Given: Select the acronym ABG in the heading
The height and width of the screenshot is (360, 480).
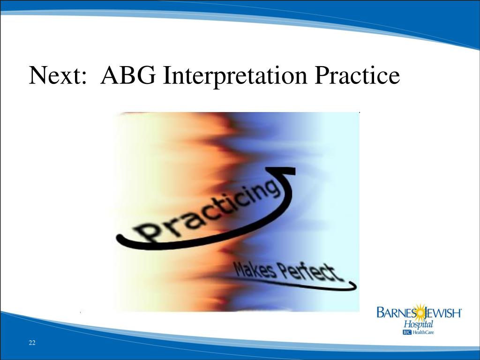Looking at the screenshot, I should point(128,75).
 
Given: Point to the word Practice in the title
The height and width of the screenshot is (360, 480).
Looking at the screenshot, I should point(358,75).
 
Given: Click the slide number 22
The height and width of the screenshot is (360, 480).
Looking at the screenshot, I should point(32,343).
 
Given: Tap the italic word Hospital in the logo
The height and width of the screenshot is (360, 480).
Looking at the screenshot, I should point(419,324).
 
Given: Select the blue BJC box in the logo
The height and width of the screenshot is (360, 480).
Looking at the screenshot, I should point(406,332).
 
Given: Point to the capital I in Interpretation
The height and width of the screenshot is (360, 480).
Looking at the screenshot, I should point(167,75).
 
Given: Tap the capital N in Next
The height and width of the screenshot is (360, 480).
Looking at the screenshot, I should point(37,75).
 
